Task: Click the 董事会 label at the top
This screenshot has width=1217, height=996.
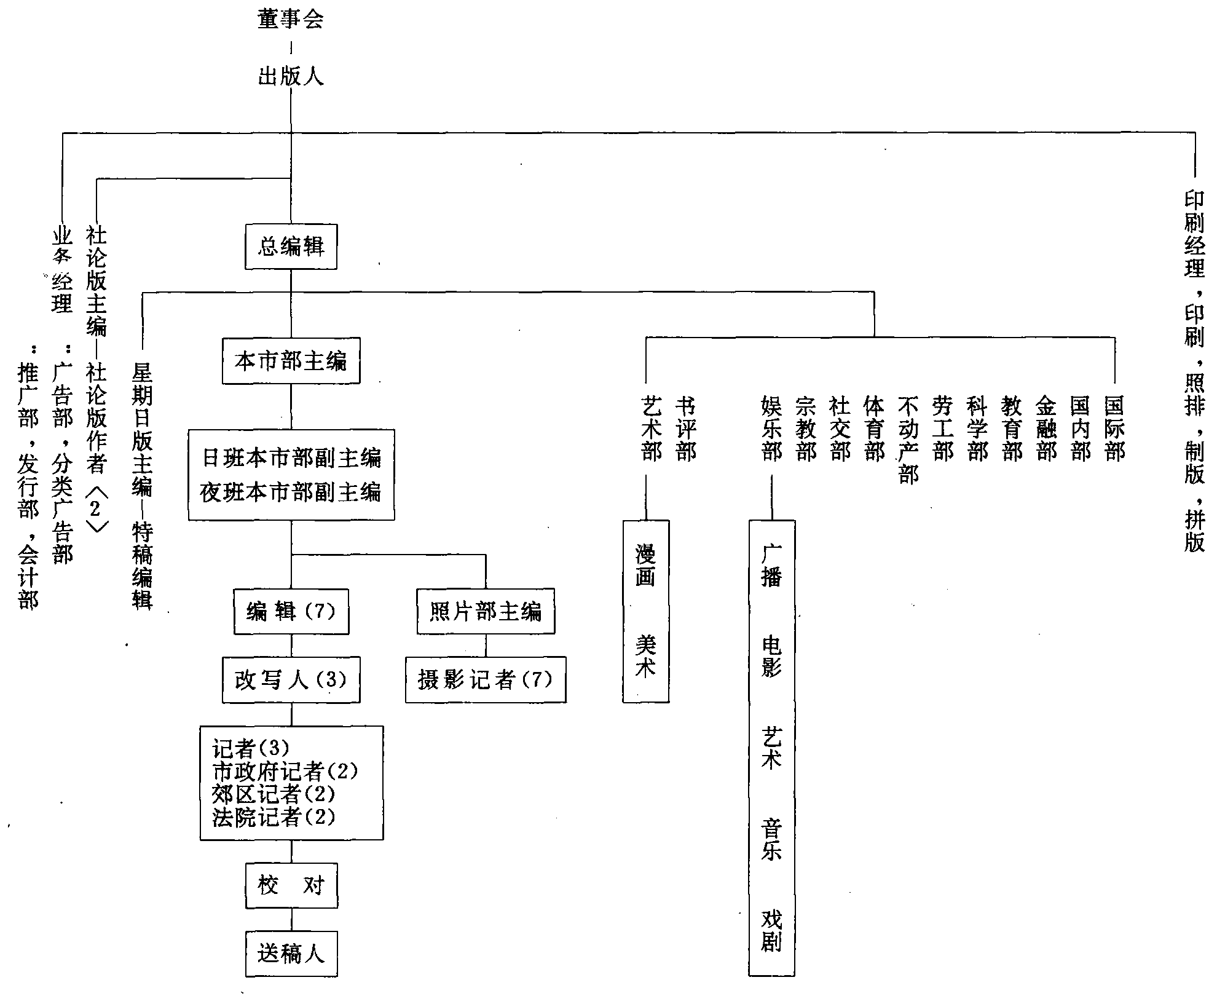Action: (x=291, y=20)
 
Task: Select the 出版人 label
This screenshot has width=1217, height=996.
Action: (x=291, y=77)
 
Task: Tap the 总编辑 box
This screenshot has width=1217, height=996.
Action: (x=291, y=247)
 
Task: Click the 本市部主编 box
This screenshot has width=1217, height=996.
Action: (x=291, y=361)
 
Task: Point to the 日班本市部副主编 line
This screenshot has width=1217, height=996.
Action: (x=291, y=458)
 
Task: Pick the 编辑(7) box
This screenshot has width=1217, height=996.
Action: (x=291, y=612)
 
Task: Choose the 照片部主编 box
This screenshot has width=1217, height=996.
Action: (x=486, y=612)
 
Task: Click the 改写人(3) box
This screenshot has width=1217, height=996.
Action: (x=291, y=680)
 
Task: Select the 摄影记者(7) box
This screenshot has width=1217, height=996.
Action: (x=486, y=680)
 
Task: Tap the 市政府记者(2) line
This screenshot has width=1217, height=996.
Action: (x=285, y=772)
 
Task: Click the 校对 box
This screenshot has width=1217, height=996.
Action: (x=291, y=886)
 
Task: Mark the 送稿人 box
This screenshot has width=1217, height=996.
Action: (x=291, y=954)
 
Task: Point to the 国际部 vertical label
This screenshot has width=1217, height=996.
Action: (x=1114, y=429)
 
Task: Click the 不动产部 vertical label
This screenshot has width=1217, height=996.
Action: (x=908, y=440)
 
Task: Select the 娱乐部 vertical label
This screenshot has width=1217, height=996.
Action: (x=771, y=429)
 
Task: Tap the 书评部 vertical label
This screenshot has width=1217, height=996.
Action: (x=685, y=429)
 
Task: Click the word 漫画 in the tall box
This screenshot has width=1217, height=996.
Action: (x=645, y=566)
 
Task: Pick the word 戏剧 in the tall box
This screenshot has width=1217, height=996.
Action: (x=771, y=931)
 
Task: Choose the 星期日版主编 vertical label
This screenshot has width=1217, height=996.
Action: (x=142, y=430)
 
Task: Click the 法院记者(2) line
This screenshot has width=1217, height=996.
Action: (x=274, y=817)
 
